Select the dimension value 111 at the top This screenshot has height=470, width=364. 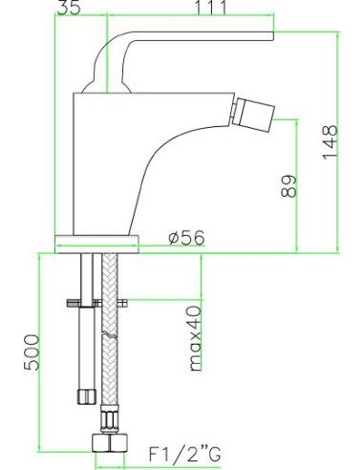click(210, 9)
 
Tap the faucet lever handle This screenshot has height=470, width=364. click(191, 37)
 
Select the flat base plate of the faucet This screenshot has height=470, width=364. click(99, 239)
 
